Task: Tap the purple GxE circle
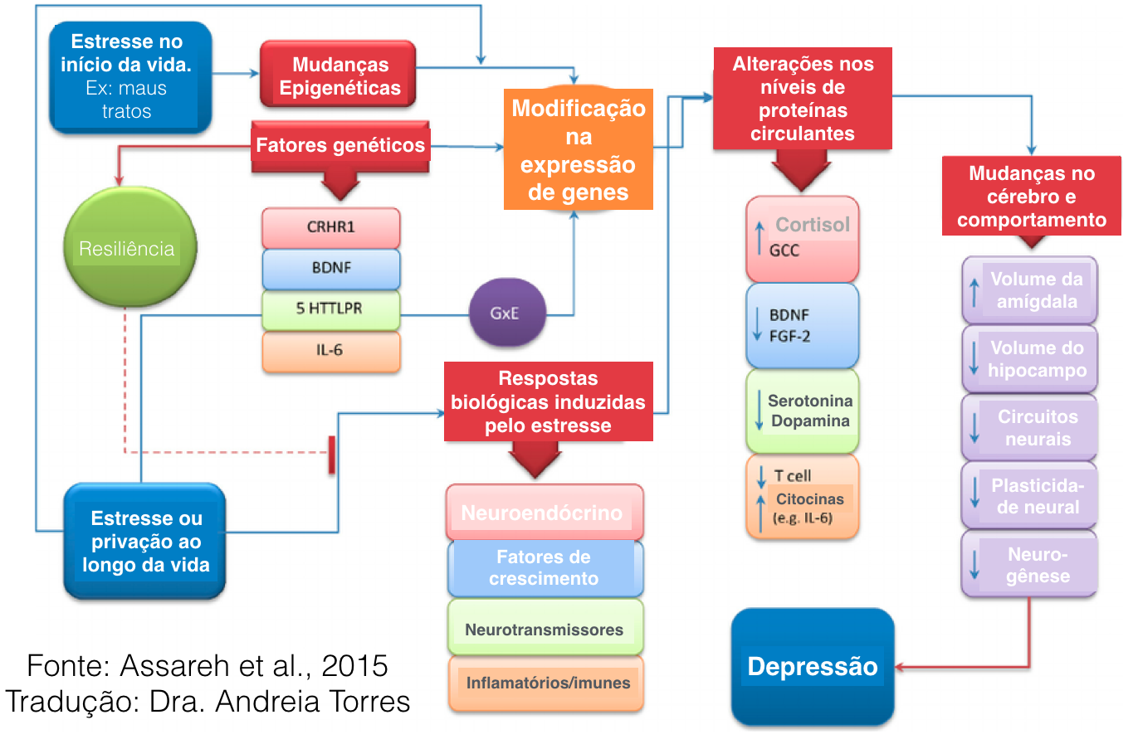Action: click(507, 312)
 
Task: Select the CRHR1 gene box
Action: click(330, 227)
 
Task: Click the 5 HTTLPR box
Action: click(330, 309)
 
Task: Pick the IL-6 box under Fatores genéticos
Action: click(330, 351)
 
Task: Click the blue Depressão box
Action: click(813, 667)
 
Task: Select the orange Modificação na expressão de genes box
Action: click(579, 149)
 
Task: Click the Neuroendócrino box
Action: click(545, 512)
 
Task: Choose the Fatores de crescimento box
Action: click(545, 568)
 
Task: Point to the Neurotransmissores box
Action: click(545, 627)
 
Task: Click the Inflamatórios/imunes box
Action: click(545, 683)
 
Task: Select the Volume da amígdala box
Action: click(1029, 290)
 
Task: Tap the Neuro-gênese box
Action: click(1029, 564)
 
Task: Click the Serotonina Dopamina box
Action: click(802, 411)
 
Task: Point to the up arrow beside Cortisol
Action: click(759, 238)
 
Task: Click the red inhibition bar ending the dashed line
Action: click(332, 455)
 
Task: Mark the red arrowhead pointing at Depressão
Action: click(899, 667)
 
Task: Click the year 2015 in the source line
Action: click(354, 665)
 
